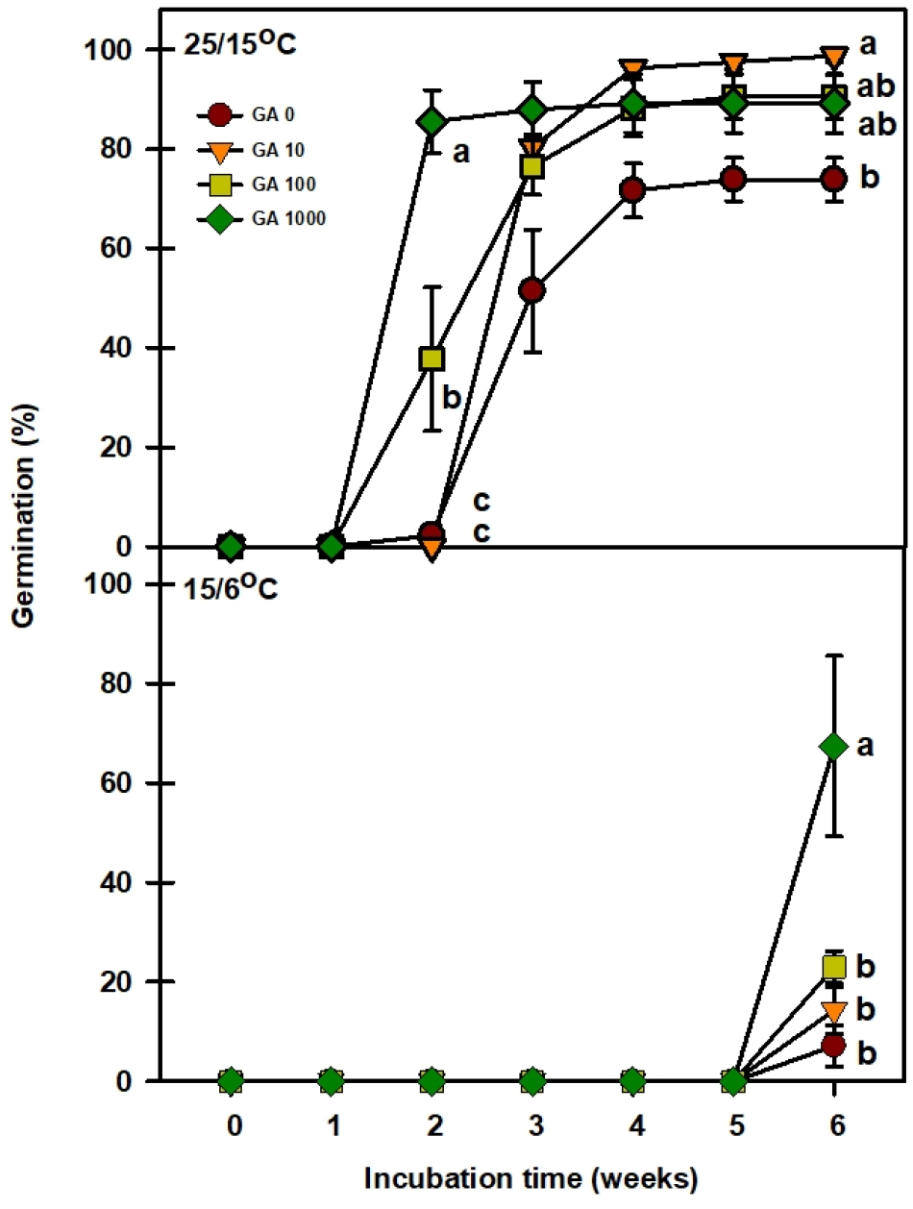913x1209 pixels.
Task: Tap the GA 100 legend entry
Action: point(255,185)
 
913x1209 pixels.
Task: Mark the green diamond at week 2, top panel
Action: point(432,121)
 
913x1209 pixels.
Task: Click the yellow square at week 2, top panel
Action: point(432,358)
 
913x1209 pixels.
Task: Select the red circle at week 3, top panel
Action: point(531,289)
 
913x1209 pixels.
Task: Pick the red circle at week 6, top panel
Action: point(833,180)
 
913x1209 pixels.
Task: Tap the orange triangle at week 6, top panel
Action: point(833,57)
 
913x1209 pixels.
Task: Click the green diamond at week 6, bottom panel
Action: point(833,747)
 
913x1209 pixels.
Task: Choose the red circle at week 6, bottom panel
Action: point(833,1045)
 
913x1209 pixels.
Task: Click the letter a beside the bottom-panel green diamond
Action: point(865,746)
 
